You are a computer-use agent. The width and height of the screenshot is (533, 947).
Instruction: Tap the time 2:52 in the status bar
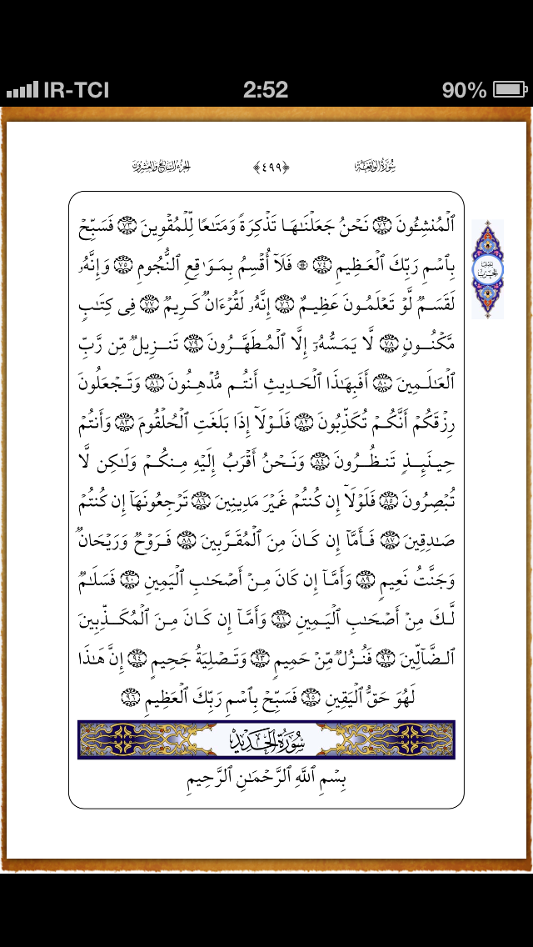point(266,89)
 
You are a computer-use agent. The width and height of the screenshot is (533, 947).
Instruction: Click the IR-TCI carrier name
point(75,90)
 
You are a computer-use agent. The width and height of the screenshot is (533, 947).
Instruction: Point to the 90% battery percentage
point(464,89)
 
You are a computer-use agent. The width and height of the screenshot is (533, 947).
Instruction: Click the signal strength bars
point(22,90)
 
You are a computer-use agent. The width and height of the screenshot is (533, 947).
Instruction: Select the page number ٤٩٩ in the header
point(266,167)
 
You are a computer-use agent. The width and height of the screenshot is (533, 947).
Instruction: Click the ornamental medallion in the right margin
point(488,268)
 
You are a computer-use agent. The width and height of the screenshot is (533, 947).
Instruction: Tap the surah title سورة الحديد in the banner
point(266,739)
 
